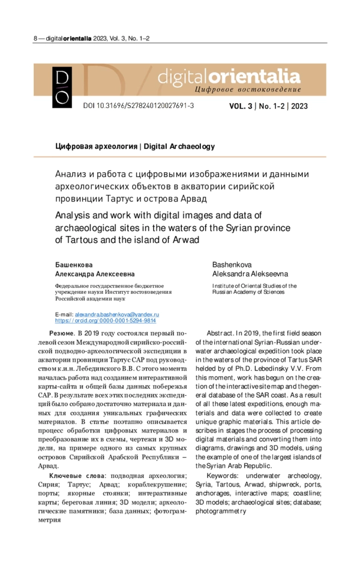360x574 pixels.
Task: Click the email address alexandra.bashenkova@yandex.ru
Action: [x=116, y=314]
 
